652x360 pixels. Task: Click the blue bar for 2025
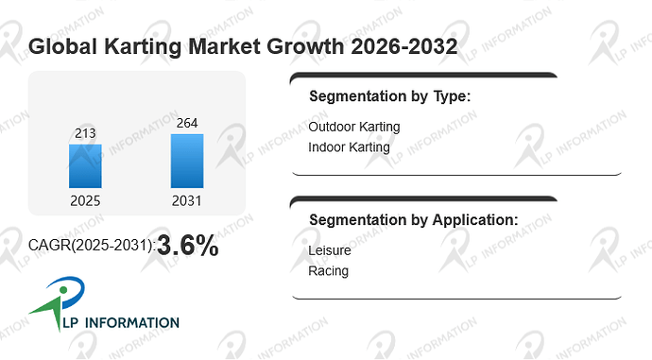85,166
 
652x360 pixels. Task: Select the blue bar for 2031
187,161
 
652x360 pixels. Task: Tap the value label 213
85,133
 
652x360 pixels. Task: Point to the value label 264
187,123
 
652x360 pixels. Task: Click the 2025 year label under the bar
85,200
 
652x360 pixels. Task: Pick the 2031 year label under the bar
187,200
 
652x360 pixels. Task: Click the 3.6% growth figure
188,246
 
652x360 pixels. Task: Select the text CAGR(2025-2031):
92,246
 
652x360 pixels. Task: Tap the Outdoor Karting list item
354,127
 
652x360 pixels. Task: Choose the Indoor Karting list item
350,147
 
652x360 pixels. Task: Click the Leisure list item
330,250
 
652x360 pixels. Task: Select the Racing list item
329,271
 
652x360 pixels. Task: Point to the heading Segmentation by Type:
390,96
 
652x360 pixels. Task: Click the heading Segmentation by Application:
414,220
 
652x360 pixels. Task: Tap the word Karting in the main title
143,46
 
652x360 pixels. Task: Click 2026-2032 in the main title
404,46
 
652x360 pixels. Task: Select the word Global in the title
62,46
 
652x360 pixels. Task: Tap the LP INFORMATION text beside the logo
121,322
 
